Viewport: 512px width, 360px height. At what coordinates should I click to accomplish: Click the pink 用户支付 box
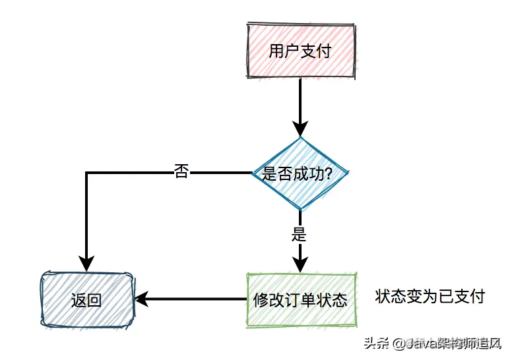coord(300,51)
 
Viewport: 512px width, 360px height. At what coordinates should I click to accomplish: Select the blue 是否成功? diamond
coord(300,173)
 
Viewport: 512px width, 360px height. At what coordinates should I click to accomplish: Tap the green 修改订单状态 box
coord(301,300)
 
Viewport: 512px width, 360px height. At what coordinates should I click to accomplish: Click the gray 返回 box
coord(86,300)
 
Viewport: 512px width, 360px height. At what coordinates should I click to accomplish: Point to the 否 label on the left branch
coord(181,172)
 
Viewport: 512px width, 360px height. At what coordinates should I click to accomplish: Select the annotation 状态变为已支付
coord(430,297)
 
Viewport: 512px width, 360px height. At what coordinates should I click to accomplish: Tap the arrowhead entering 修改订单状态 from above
coord(300,264)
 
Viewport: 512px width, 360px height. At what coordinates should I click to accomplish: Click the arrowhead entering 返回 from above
coord(86,262)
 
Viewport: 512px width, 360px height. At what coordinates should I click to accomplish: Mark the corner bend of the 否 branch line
coord(86,173)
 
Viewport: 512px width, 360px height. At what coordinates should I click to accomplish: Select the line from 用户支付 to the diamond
coord(300,99)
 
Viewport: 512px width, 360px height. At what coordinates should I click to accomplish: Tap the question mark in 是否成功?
coord(327,173)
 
